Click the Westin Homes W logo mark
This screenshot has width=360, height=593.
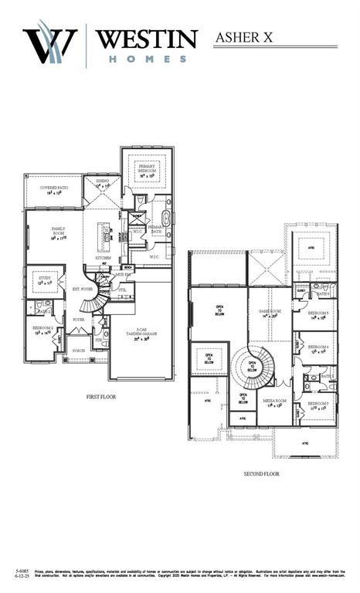(x=50, y=45)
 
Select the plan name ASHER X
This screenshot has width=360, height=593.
(x=245, y=36)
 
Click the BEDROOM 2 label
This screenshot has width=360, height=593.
(x=42, y=329)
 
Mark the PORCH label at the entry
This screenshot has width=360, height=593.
(x=79, y=350)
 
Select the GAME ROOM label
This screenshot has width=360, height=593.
(x=269, y=313)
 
